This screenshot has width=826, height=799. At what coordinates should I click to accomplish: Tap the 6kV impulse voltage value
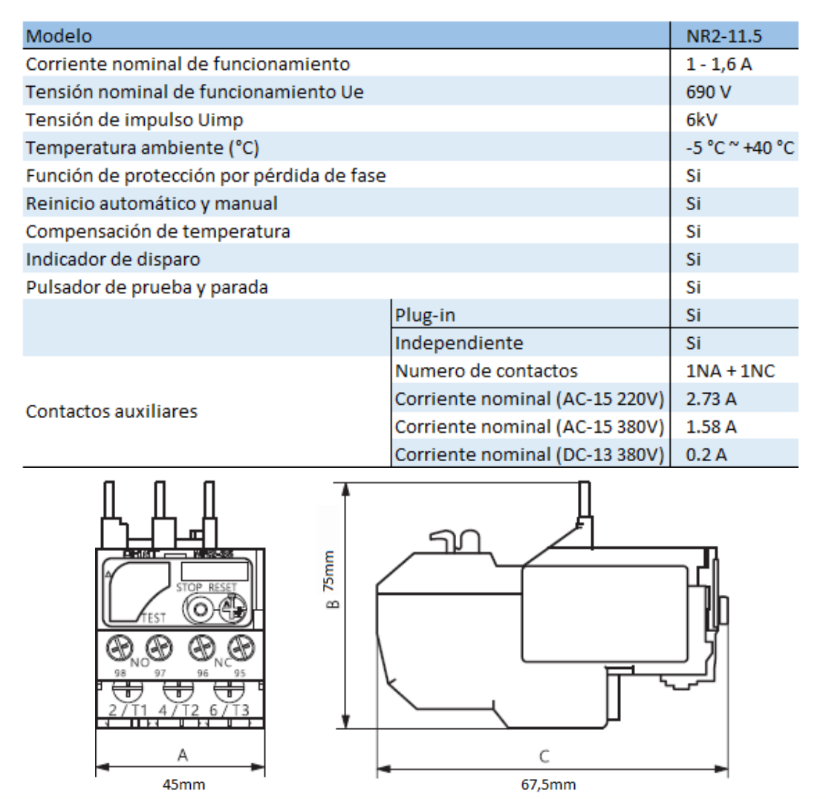point(702,120)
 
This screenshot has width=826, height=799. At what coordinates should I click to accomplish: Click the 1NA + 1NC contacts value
point(731,371)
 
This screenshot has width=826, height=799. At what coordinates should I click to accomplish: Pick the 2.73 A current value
point(712,399)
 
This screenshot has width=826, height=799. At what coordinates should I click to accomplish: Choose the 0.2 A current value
point(706,454)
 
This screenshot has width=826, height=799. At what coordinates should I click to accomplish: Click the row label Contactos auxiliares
point(111,411)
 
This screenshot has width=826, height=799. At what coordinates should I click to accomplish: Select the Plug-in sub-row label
point(425,315)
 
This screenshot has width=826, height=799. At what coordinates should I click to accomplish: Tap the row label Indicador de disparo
point(113,259)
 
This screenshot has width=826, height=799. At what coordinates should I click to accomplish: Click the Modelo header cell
point(59,36)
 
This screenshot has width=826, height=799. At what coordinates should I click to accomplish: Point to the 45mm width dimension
point(183,784)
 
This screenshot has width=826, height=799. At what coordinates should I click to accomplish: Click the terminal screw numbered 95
point(237,646)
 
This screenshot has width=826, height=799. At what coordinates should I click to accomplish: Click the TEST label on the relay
point(153,617)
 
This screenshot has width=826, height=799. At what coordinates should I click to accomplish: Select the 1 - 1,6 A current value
point(720,64)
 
